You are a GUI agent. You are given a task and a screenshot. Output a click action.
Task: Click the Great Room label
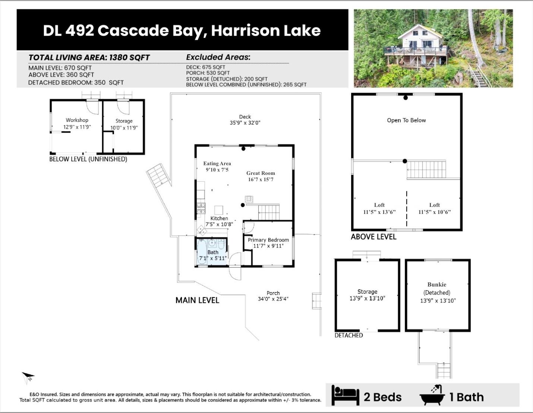click(261, 173)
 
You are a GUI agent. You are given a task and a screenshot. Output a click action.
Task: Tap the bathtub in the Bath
click(202, 252)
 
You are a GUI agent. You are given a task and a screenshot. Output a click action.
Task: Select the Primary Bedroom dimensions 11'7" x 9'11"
click(268, 246)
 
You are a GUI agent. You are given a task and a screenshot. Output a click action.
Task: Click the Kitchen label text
click(219, 218)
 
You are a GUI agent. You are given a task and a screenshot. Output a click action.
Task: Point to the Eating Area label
click(217, 163)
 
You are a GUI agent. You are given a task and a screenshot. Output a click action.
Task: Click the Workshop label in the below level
click(77, 120)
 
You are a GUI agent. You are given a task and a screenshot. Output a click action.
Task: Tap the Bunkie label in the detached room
click(436, 285)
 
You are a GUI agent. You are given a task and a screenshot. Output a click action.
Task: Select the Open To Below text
click(406, 120)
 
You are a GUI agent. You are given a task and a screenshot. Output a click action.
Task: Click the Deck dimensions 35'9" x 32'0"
click(245, 123)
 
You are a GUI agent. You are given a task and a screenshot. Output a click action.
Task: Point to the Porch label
click(273, 293)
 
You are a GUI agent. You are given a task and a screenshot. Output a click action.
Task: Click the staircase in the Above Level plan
click(426, 170)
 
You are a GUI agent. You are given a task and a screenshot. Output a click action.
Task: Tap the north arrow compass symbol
click(28, 377)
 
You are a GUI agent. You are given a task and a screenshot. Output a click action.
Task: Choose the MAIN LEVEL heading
click(197, 300)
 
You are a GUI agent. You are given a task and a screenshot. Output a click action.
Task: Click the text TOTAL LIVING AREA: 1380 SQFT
click(89, 58)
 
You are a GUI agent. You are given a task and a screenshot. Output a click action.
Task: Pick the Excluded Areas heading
click(218, 57)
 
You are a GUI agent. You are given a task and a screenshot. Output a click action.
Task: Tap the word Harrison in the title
click(245, 31)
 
